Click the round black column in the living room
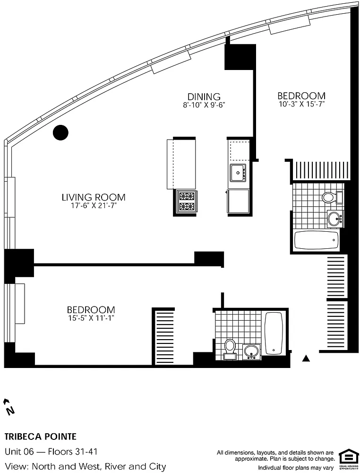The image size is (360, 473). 60,132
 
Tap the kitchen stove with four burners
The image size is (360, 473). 186,202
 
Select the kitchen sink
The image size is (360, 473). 238,173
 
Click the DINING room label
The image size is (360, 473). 204,96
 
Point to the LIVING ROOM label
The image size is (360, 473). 94,197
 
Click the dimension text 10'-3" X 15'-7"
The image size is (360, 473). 301,105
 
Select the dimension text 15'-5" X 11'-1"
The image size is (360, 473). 91,318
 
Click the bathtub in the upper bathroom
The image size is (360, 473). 317,240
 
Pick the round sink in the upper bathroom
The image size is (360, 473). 334,218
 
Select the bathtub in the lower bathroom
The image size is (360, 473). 274,333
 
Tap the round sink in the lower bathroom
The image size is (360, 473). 251,351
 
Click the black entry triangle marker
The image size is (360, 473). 306,359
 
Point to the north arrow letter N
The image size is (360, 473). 11,411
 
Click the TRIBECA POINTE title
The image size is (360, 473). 40,437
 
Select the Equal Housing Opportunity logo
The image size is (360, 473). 348,457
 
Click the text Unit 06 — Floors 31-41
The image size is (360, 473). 51,452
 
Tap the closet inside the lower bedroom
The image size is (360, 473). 163,336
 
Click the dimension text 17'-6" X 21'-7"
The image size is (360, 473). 94,206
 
